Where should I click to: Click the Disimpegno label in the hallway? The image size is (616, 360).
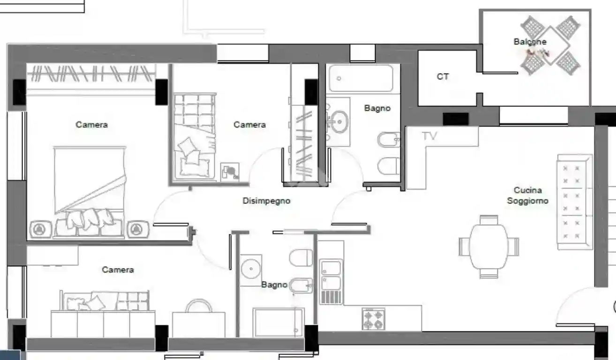[266, 201]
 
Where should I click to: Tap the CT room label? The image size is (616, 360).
[443, 76]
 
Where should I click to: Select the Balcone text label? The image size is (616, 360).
[530, 42]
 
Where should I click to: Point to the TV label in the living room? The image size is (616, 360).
[429, 136]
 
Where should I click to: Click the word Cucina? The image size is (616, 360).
[528, 190]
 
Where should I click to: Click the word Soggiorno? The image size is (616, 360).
[528, 201]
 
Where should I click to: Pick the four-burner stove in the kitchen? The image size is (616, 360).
[374, 319]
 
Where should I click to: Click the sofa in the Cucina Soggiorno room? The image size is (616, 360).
[574, 202]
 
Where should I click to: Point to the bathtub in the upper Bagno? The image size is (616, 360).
[360, 78]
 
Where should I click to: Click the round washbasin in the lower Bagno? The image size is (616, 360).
[252, 269]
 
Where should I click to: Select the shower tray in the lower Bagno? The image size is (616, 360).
[278, 322]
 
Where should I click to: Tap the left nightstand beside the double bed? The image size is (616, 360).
[39, 229]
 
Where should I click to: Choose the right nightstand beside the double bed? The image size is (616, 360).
[137, 229]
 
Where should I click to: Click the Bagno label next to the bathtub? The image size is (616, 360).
[377, 108]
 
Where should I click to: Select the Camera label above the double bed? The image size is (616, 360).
[91, 125]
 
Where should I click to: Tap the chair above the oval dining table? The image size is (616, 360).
[489, 219]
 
